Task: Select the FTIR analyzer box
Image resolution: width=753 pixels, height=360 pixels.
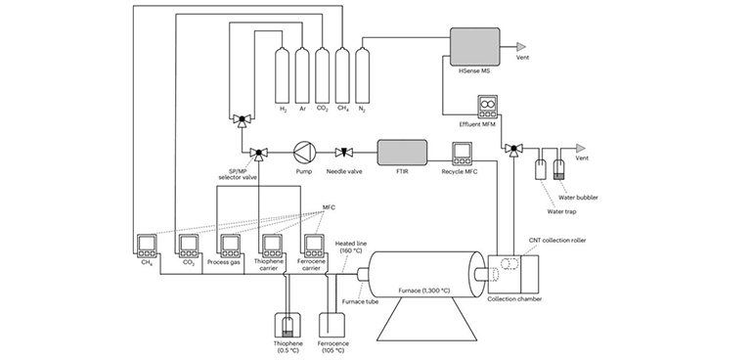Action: pos(402,152)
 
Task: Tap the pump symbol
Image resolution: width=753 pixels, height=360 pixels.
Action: pos(303,152)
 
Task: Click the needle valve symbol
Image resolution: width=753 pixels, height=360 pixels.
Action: pos(345,152)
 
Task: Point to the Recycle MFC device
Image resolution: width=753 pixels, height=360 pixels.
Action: pos(463,152)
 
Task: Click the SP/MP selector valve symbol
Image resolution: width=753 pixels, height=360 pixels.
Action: pos(259,152)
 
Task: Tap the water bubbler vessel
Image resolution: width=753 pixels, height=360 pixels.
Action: pos(558,169)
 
